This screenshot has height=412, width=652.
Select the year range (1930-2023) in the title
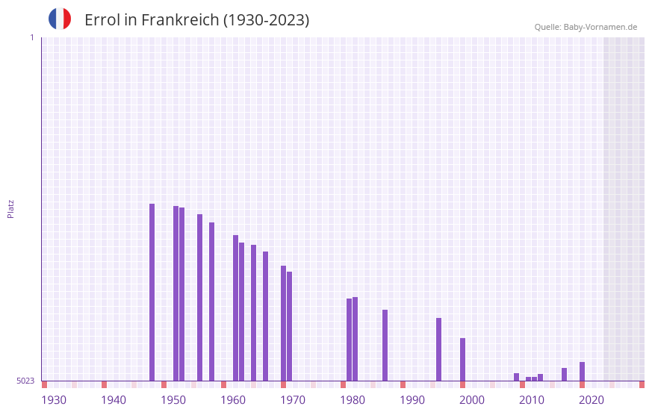click(x=266, y=20)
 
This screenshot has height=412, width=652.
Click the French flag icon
click(x=60, y=19)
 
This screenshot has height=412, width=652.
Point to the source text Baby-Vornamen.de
click(x=600, y=27)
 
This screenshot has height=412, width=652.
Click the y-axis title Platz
click(x=10, y=208)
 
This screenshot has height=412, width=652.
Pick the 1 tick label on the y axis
click(x=31, y=37)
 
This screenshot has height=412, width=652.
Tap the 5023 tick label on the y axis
click(x=25, y=381)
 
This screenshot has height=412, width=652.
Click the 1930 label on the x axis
click(x=54, y=400)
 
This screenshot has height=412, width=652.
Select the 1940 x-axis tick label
click(x=114, y=400)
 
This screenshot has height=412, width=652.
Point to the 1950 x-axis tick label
click(x=173, y=400)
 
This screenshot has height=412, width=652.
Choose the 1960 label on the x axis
click(x=233, y=400)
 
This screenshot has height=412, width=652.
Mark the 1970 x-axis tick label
click(x=293, y=400)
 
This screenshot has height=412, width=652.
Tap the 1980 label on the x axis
click(x=353, y=400)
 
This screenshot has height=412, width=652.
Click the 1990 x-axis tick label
click(x=412, y=400)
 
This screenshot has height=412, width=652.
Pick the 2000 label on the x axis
click(x=472, y=400)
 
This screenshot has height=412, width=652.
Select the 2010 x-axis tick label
click(x=532, y=400)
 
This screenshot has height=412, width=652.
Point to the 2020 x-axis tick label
click(x=592, y=400)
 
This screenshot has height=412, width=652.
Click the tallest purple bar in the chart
click(x=152, y=291)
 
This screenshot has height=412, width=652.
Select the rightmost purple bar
click(x=582, y=371)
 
